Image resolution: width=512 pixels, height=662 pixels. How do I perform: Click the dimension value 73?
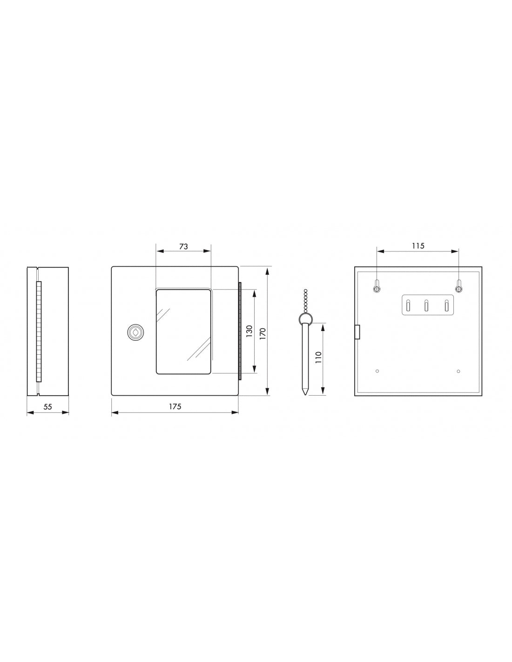point(183,247)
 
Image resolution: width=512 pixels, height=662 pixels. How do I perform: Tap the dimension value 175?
point(175,406)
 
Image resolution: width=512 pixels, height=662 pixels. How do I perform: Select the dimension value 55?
point(47,406)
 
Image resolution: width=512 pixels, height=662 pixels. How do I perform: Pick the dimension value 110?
point(318,358)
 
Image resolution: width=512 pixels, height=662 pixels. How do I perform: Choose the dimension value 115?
point(418,246)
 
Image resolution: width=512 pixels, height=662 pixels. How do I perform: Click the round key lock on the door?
point(133,332)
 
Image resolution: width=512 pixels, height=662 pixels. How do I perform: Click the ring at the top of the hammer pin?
point(305,319)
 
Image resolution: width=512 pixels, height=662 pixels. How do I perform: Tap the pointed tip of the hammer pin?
point(305,393)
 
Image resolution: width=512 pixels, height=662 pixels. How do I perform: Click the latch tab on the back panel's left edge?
point(357,332)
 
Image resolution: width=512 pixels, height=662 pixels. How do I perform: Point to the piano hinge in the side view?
point(39,331)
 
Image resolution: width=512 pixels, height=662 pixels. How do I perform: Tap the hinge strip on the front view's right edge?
point(240,331)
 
